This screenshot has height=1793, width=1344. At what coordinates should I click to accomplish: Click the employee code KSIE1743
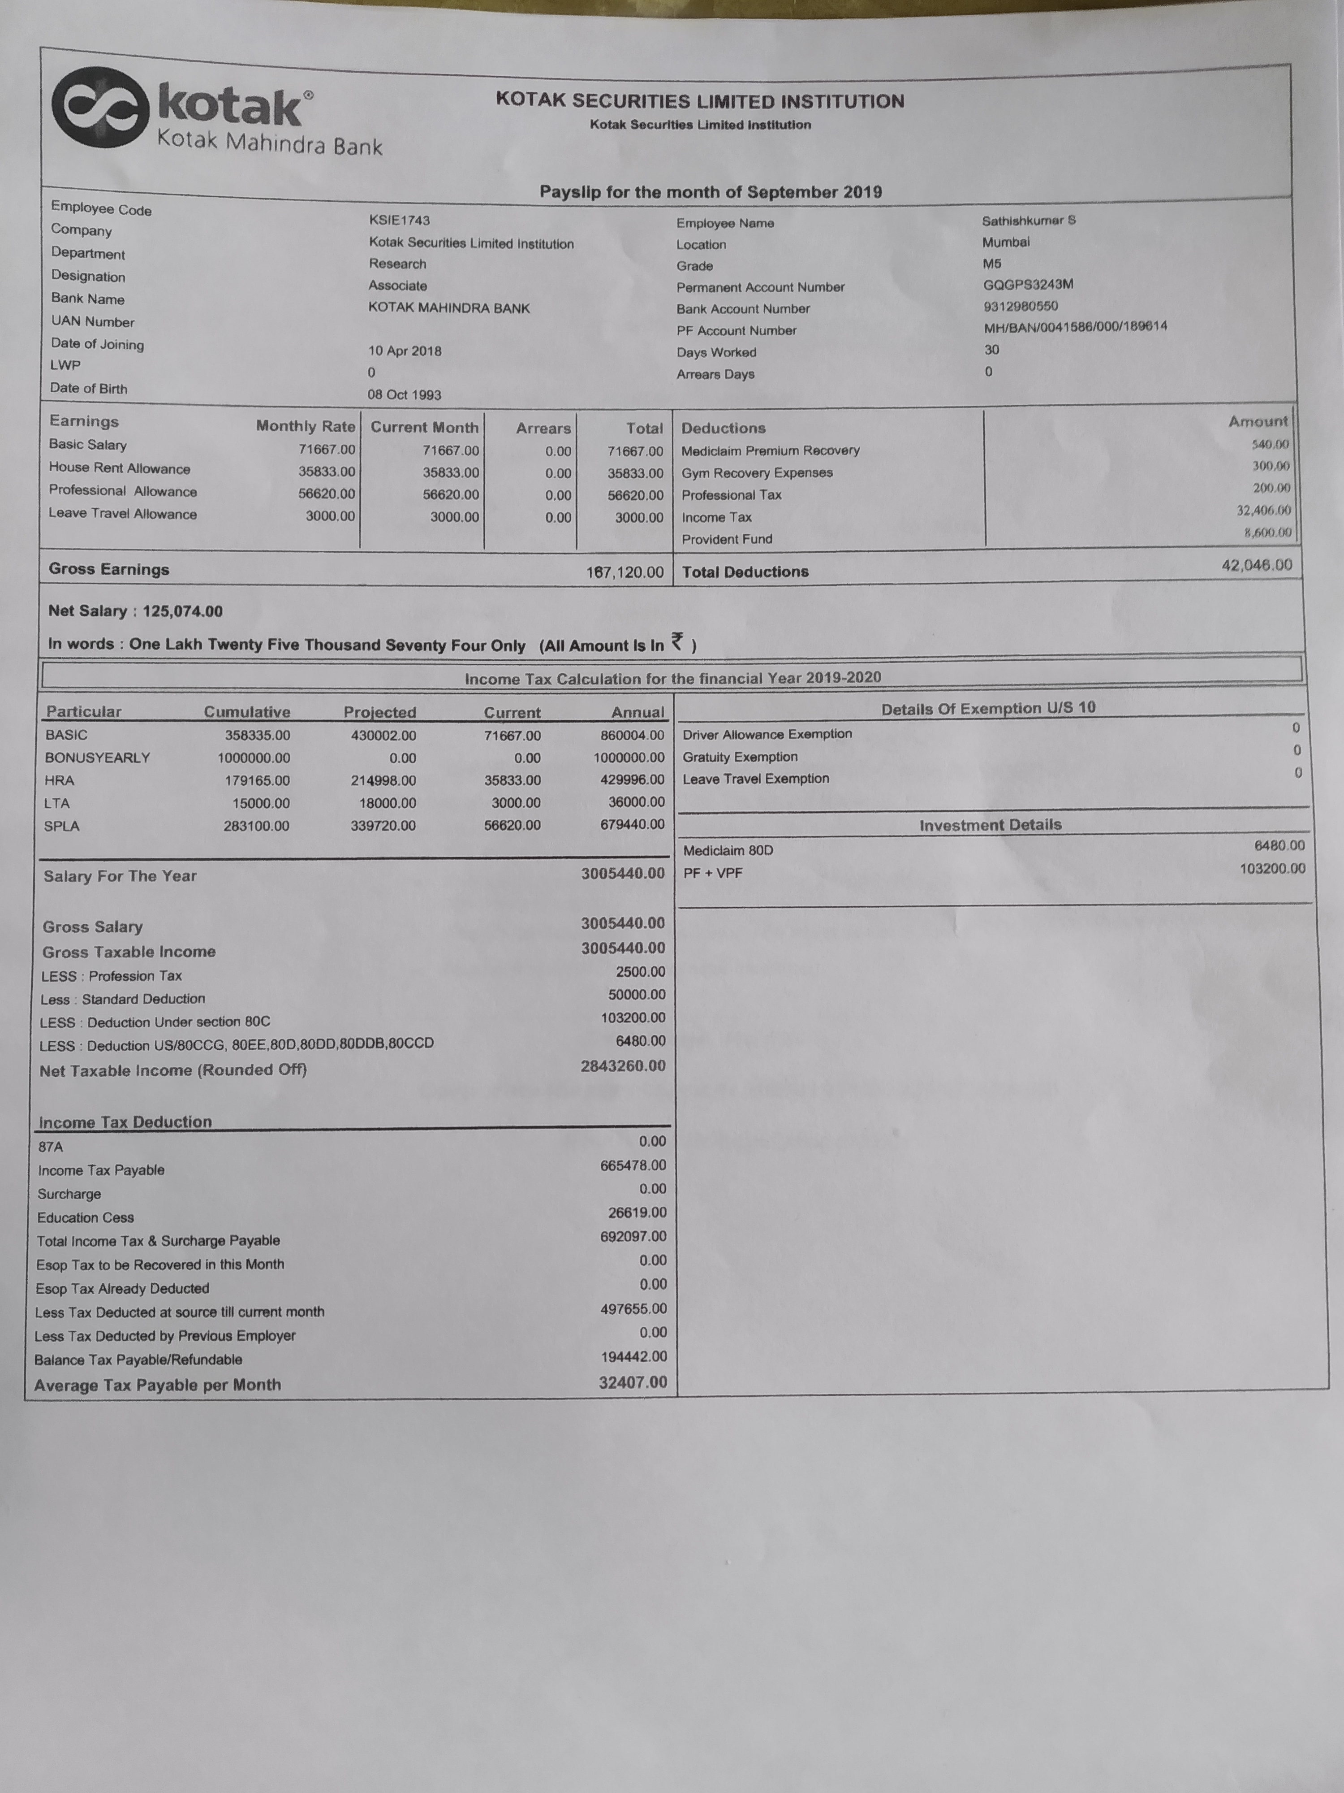[400, 221]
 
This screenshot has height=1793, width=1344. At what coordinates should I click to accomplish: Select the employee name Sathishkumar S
[1028, 221]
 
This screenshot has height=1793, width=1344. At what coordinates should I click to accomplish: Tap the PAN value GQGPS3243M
[1027, 285]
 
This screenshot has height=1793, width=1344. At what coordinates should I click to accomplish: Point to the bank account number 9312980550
[1020, 307]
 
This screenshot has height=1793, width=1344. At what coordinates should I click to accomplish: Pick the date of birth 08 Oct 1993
[404, 395]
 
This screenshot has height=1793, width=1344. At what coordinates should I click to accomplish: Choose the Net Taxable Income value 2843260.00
[622, 1066]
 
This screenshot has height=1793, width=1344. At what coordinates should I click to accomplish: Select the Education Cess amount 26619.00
[637, 1213]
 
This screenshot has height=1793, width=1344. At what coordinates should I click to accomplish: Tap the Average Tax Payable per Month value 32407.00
[633, 1382]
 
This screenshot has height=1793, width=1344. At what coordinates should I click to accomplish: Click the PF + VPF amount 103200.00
[1272, 869]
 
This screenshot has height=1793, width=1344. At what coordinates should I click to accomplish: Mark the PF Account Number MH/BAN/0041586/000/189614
[1075, 327]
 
